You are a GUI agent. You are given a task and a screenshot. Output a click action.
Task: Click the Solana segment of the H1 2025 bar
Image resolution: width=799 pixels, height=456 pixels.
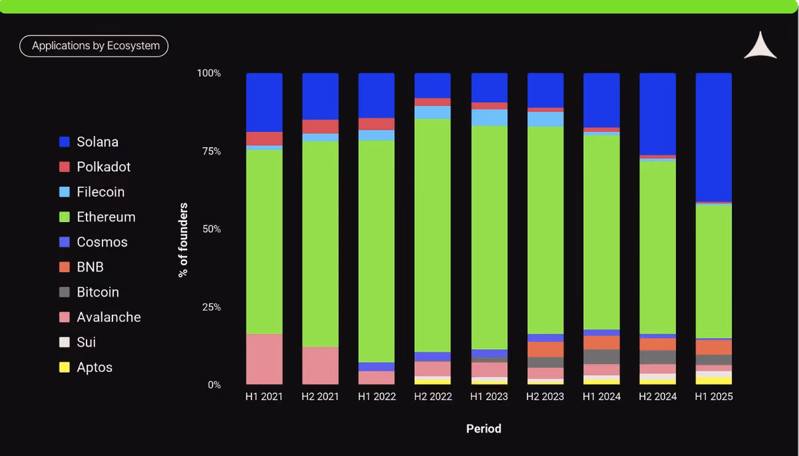point(713,137)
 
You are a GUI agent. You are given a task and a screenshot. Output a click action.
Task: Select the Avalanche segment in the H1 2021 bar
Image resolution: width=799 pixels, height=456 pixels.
point(264,359)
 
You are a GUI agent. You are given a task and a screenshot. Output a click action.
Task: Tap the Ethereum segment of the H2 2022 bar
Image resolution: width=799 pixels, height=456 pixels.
point(432,235)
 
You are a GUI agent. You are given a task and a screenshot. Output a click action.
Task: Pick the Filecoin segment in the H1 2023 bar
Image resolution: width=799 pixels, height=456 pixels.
point(489,117)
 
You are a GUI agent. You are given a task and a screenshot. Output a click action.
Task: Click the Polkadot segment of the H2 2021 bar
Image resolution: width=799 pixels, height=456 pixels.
point(320,127)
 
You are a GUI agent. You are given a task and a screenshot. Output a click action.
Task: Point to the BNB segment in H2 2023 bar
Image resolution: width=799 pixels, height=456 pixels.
point(545,349)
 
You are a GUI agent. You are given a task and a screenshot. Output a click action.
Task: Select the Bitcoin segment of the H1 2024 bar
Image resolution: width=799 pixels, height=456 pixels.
point(601,357)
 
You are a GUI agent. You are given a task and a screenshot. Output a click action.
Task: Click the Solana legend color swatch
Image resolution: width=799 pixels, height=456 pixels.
point(64,142)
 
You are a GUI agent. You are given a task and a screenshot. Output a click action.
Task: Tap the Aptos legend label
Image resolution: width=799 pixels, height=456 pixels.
point(95,367)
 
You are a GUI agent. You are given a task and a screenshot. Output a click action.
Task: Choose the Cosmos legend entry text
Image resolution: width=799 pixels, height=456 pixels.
point(102,242)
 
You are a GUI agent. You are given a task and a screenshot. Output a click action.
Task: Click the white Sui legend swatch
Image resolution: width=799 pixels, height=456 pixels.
point(64,342)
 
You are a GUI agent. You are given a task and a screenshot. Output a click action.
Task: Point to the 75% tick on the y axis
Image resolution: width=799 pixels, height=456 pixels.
point(212,151)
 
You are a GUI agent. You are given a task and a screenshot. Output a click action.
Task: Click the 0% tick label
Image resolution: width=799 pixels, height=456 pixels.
point(214,385)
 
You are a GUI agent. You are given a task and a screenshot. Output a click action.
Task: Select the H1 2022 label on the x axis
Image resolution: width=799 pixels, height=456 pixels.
point(377,397)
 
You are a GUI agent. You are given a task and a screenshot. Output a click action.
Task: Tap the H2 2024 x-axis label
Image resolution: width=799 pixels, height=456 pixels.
point(657,397)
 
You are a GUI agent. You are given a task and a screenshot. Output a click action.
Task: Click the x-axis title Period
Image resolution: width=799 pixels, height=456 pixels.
point(483,429)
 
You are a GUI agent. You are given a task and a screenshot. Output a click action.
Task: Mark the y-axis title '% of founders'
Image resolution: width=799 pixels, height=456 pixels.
point(183,240)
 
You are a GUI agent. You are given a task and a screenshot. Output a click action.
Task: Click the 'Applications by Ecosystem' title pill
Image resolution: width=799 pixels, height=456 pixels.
point(94,46)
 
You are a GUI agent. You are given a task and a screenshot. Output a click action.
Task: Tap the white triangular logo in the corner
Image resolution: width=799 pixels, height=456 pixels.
point(760,47)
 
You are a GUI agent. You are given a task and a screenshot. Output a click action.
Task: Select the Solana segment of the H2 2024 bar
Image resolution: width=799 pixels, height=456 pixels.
point(657,114)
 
